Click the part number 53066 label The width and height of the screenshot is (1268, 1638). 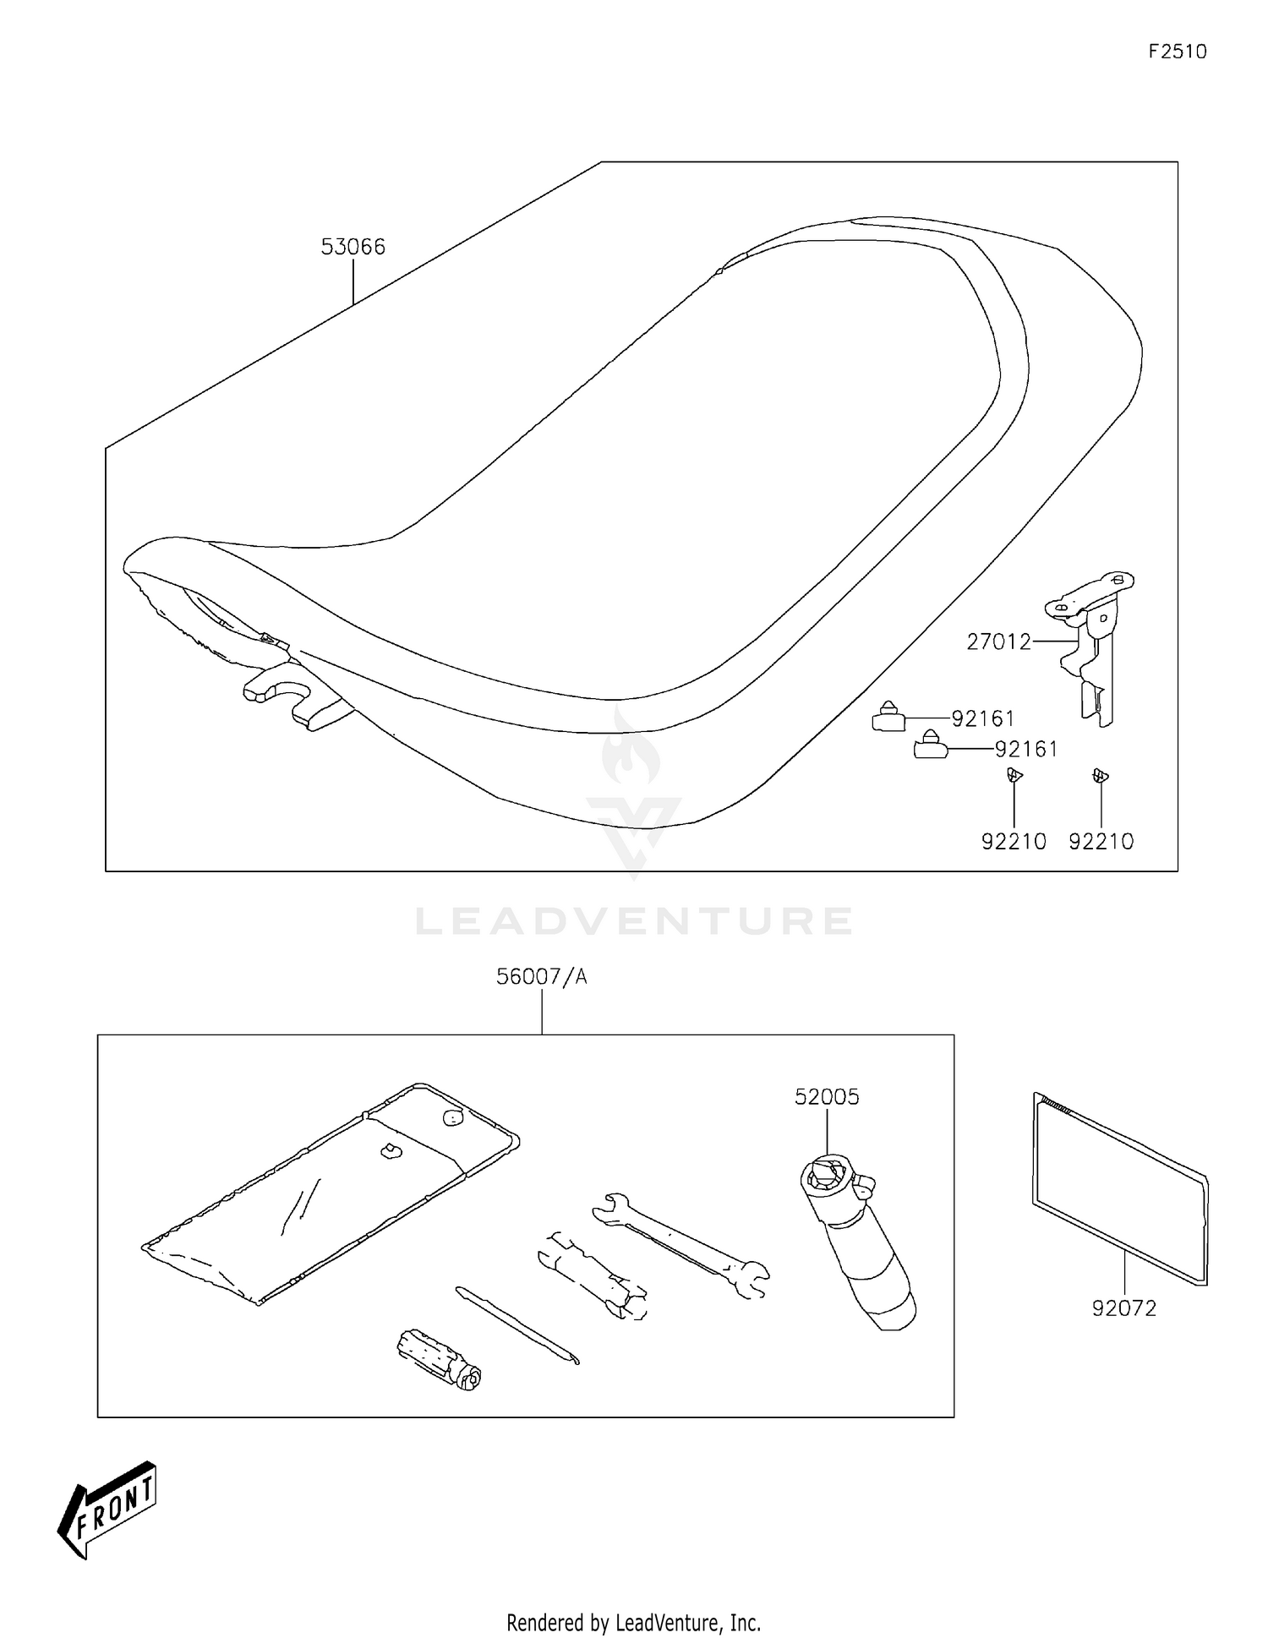[x=353, y=247]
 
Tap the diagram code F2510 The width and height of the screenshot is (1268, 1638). [x=1178, y=52]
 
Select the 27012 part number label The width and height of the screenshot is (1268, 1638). [x=999, y=642]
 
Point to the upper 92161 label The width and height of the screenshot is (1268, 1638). [x=983, y=719]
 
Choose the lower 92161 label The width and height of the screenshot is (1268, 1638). [x=1026, y=750]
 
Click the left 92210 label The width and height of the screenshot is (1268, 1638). [x=1014, y=842]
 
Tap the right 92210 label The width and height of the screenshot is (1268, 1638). [x=1101, y=842]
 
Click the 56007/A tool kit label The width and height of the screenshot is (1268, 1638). [x=541, y=977]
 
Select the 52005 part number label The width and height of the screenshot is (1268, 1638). [x=827, y=1097]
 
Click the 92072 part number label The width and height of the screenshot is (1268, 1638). [x=1124, y=1308]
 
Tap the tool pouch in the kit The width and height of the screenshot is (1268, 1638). [x=330, y=1192]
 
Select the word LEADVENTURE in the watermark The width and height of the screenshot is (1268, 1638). [x=634, y=921]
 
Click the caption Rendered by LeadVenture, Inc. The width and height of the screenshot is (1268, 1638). [x=633, y=1623]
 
